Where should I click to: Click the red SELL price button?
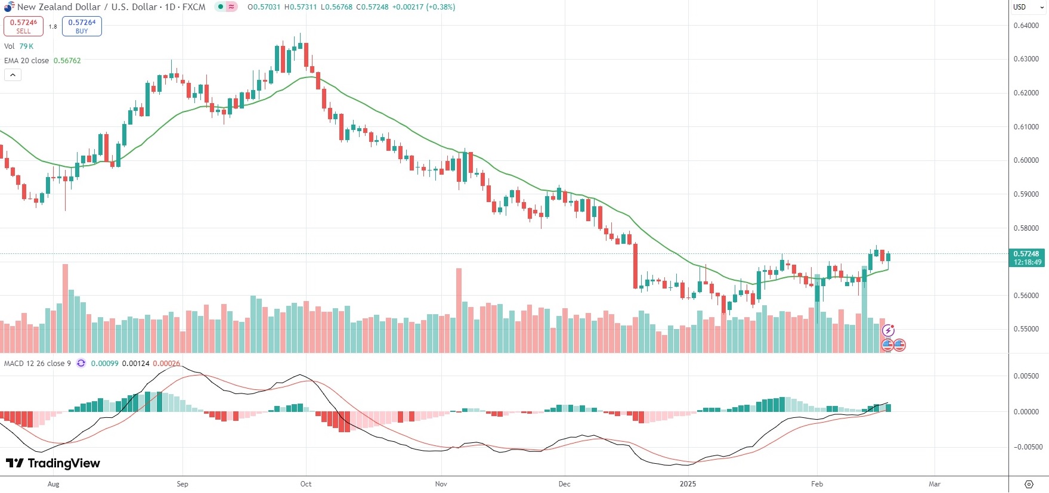pos(23,26)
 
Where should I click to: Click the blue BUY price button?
pos(82,26)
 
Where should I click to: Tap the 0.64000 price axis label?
pos(1026,26)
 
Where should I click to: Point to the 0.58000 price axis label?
pos(1026,228)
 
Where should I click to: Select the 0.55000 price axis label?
pos(1026,329)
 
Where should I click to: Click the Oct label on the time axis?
pos(306,484)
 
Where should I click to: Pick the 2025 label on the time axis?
pos(688,484)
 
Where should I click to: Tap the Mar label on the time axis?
pos(934,484)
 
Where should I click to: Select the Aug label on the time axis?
pos(54,484)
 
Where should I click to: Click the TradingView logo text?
pos(54,463)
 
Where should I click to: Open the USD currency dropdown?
pos(1028,7)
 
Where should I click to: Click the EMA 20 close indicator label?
pos(26,61)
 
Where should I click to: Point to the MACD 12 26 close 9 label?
pos(37,364)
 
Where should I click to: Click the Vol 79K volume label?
pos(18,46)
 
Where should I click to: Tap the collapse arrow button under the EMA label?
pos(13,75)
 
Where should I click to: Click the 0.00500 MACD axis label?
pos(1026,376)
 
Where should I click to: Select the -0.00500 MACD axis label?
pos(1026,447)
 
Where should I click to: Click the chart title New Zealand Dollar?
pos(58,7)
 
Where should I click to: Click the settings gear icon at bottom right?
pos(1028,484)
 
